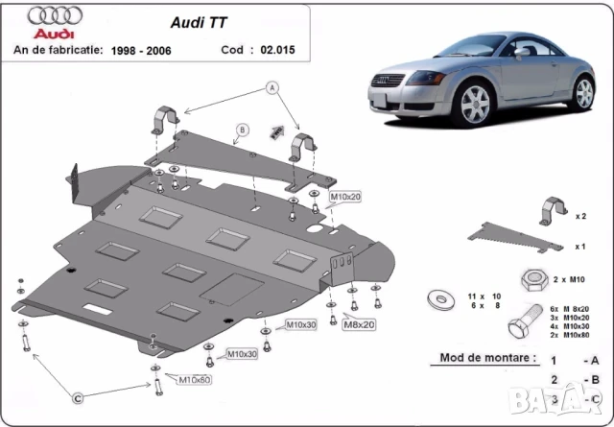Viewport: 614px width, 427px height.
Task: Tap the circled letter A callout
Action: pyautogui.click(x=272, y=87)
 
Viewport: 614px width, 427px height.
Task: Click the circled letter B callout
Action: pyautogui.click(x=242, y=130)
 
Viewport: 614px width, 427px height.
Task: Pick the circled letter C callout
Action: pyautogui.click(x=76, y=396)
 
